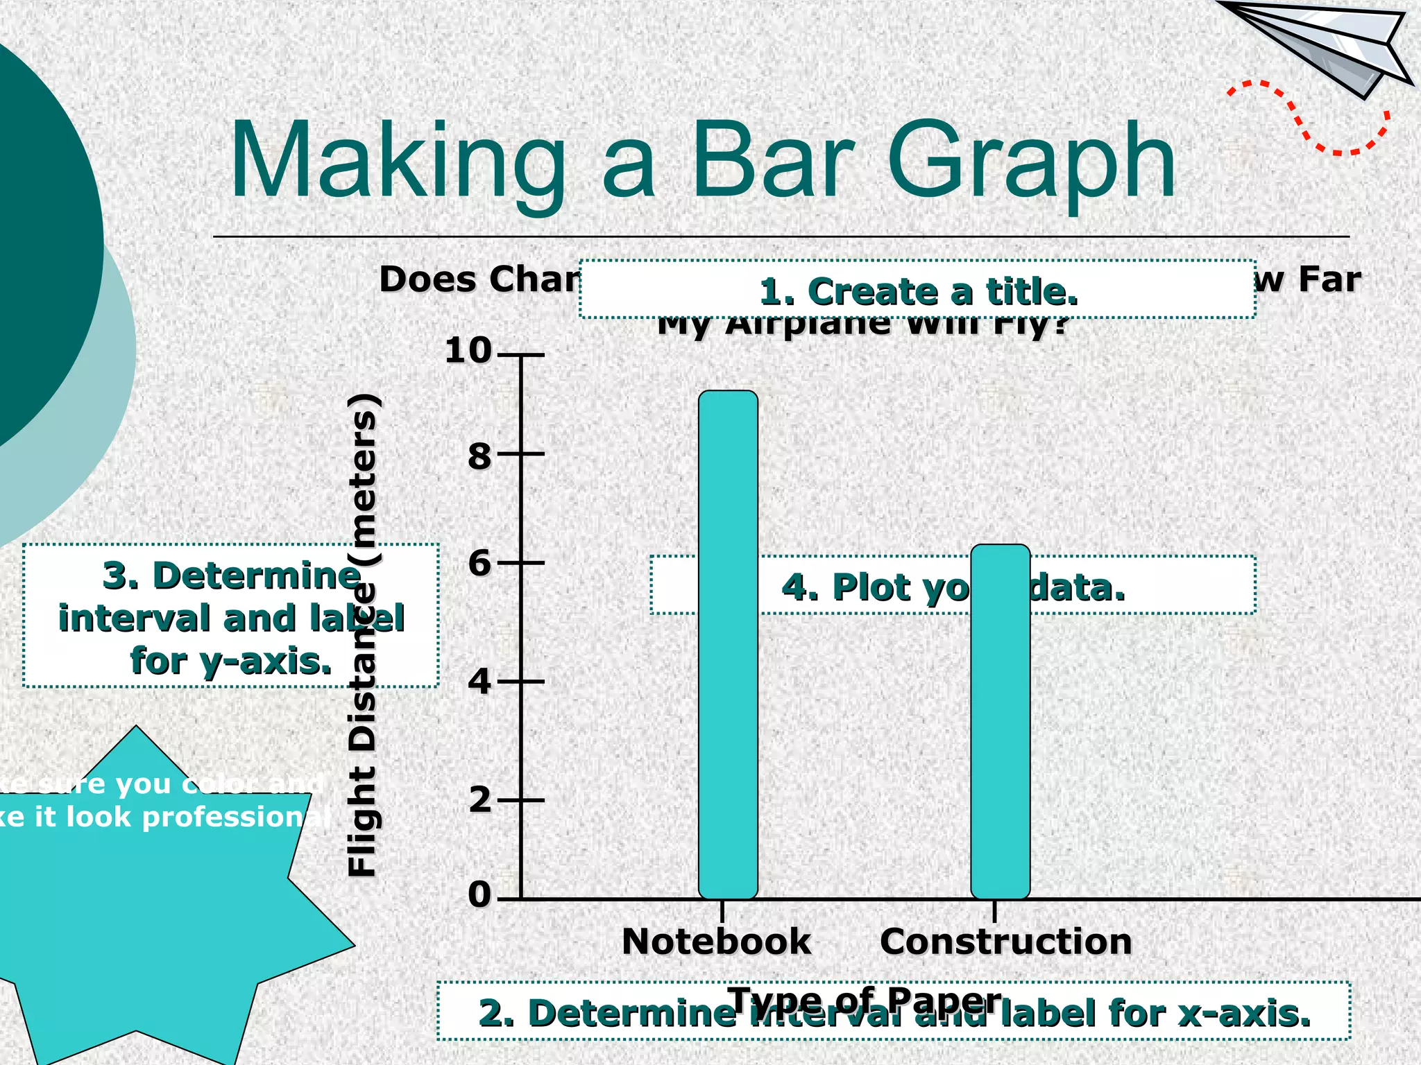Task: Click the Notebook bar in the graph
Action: pyautogui.click(x=728, y=645)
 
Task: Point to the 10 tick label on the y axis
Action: pyautogui.click(x=468, y=350)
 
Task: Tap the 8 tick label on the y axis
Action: pyautogui.click(x=479, y=456)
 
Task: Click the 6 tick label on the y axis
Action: pyautogui.click(x=479, y=563)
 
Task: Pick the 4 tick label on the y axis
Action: pyautogui.click(x=479, y=682)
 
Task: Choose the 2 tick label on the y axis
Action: pyautogui.click(x=479, y=800)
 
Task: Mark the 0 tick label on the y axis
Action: pyautogui.click(x=479, y=894)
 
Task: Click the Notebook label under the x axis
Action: pyautogui.click(x=716, y=942)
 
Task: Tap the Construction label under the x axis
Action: pyautogui.click(x=1005, y=942)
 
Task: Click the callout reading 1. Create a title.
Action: pyautogui.click(x=917, y=290)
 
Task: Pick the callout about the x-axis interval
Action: pyautogui.click(x=894, y=1013)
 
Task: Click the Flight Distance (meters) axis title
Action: pyautogui.click(x=362, y=634)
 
